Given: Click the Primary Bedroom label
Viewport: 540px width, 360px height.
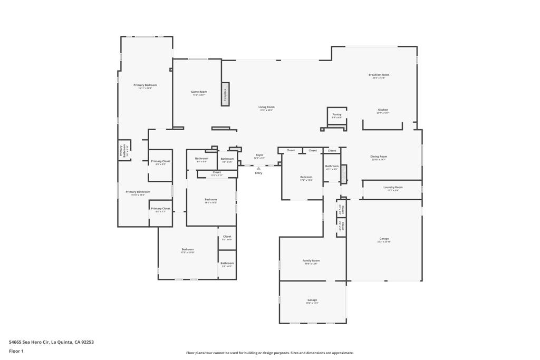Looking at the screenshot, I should [x=145, y=85].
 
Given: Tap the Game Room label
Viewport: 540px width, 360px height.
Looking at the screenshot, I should [x=199, y=92].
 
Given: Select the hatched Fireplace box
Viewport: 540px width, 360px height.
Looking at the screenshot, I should [x=225, y=94].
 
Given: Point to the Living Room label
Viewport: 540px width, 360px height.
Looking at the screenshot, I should [x=266, y=107].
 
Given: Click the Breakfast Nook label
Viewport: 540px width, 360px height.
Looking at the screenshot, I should [x=379, y=75].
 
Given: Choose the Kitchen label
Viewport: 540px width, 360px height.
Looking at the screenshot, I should [x=383, y=110].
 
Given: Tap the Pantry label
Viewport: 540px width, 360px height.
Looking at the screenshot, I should [x=337, y=114].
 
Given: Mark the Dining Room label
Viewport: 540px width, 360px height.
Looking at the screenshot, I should [x=379, y=157].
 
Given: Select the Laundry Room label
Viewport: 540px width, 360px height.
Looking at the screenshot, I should [x=393, y=187].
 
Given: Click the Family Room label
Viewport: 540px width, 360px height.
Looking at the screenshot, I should [x=311, y=260].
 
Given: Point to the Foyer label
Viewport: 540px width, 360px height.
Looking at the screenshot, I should [x=259, y=155].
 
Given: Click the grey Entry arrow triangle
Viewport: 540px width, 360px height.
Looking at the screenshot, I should [x=258, y=168].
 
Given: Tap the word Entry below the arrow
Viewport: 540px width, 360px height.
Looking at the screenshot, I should [x=258, y=173].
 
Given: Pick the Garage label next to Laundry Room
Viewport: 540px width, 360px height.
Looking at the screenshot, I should [x=383, y=239].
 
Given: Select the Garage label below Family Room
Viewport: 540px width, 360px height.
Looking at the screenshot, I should [x=312, y=300].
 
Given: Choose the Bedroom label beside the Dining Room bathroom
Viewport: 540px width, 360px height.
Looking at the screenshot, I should [x=306, y=177].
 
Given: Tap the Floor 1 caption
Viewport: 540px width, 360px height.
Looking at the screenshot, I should [x=17, y=351].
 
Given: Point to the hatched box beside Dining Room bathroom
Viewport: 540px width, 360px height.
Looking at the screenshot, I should [x=344, y=174].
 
